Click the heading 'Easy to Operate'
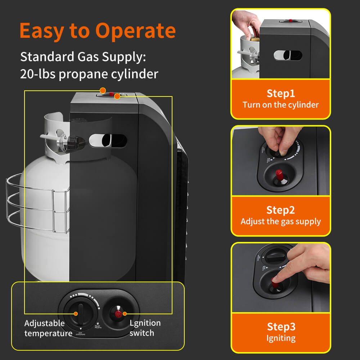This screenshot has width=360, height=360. coord(98,31)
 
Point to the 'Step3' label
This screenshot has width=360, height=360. coord(281,327)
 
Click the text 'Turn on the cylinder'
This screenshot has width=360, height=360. coord(280,105)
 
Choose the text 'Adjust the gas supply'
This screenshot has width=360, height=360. coord(280,221)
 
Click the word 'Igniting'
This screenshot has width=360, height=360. coord(281,338)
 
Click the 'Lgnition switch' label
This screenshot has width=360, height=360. coord(145,328)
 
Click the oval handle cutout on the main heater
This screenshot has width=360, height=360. coord(108,141)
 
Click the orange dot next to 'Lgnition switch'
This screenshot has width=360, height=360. coord(125,314)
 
